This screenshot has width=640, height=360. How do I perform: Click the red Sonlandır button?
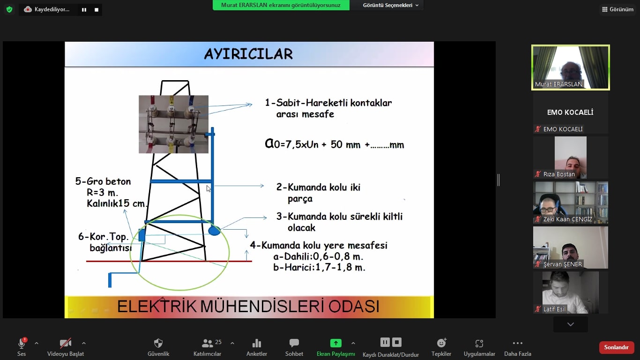616,347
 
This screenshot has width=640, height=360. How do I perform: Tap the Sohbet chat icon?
294,343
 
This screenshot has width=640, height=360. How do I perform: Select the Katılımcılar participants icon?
207,343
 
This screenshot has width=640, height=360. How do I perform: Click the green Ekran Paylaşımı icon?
336,343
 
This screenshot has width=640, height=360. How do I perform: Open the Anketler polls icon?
257,343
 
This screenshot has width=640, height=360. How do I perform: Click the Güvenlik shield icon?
158,343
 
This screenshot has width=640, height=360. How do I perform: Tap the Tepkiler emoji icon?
441,343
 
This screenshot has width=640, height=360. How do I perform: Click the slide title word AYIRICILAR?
248,54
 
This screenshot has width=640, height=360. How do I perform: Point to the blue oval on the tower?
214,231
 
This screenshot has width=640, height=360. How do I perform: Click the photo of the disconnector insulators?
173,124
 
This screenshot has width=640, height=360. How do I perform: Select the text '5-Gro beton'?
103,181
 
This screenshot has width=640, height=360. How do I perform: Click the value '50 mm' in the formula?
346,144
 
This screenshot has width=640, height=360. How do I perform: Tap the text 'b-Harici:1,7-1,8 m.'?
319,267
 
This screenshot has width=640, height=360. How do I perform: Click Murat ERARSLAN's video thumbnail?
570,67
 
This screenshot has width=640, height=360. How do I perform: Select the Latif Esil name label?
554,309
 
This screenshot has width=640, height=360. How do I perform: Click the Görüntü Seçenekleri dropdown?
390,5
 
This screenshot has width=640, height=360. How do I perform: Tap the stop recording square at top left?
97,10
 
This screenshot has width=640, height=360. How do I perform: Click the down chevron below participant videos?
571,324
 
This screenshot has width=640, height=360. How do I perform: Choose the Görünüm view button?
618,9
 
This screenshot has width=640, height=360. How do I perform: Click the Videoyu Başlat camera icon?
66,343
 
